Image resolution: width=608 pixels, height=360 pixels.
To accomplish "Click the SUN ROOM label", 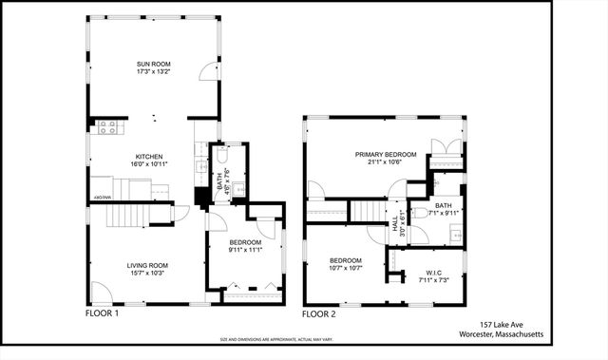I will tap(153, 65).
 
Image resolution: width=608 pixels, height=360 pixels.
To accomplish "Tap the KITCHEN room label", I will tap(149, 156).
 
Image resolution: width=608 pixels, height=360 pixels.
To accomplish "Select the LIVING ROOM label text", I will tap(148, 265).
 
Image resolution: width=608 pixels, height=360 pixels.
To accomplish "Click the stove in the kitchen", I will tap(107, 125).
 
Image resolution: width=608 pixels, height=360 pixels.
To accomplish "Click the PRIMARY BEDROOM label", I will tap(385, 154).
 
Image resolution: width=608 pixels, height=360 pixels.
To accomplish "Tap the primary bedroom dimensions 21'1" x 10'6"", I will tap(385, 162).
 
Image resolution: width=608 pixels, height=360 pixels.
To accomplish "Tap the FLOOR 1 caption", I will tap(103, 313).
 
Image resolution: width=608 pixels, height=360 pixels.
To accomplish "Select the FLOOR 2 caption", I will tap(319, 313).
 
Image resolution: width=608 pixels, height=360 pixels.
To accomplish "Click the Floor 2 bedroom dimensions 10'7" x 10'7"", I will tap(346, 268).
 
